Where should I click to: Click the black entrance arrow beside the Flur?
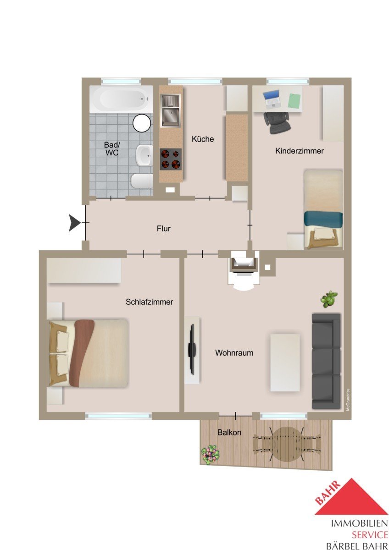click(74, 223)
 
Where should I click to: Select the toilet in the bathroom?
click(142, 181)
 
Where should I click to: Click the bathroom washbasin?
click(144, 155)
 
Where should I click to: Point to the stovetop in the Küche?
click(171, 159)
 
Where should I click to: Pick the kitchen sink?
click(171, 110)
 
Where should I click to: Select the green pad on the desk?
click(295, 101)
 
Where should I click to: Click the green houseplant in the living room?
click(329, 299)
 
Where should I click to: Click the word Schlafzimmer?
click(149, 302)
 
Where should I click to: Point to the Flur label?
click(164, 229)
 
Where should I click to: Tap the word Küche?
click(203, 139)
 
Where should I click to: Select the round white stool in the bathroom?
click(142, 123)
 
